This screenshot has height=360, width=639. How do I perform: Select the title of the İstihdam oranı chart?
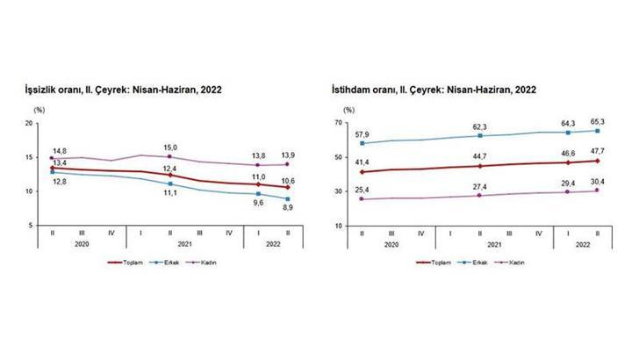pyautogui.click(x=434, y=90)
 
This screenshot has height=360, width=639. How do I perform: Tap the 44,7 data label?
pyautogui.click(x=480, y=156)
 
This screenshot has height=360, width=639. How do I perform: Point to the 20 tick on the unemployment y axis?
pyautogui.click(x=30, y=124)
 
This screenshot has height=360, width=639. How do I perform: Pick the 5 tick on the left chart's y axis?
pyautogui.click(x=32, y=226)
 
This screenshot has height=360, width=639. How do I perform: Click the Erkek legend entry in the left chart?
pyautogui.click(x=169, y=262)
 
